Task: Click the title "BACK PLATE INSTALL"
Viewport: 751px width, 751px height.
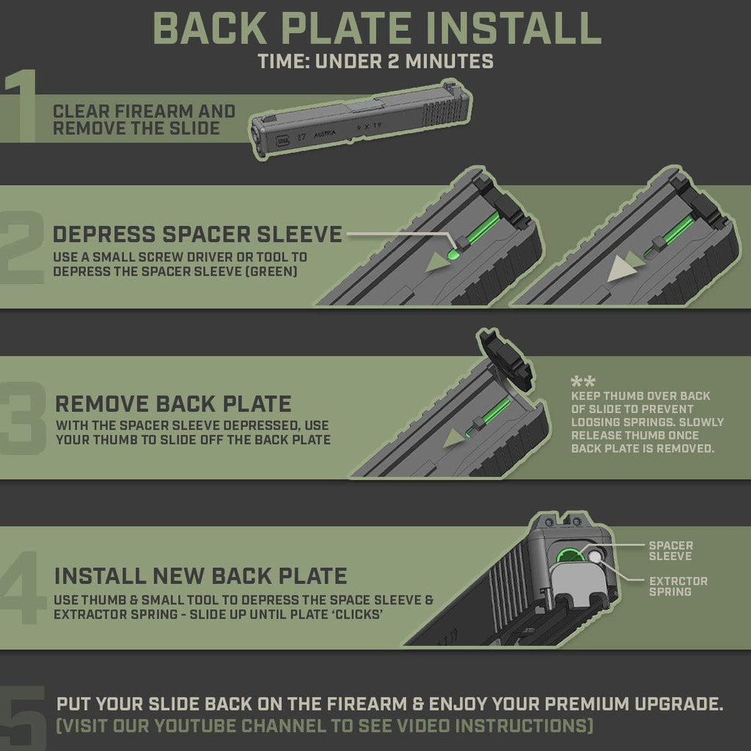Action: point(375,28)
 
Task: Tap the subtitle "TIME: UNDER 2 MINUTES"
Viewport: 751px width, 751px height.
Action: point(375,62)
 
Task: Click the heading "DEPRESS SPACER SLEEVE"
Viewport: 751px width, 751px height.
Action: point(197,234)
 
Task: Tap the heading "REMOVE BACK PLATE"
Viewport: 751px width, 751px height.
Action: point(173,404)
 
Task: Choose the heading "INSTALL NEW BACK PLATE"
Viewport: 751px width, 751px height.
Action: point(200,574)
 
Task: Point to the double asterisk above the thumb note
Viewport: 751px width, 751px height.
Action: point(583,382)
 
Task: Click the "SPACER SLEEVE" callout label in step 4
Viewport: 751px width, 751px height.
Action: point(670,551)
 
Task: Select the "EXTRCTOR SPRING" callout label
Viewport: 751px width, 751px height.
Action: point(678,586)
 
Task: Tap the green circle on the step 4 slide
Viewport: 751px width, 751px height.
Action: point(567,554)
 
